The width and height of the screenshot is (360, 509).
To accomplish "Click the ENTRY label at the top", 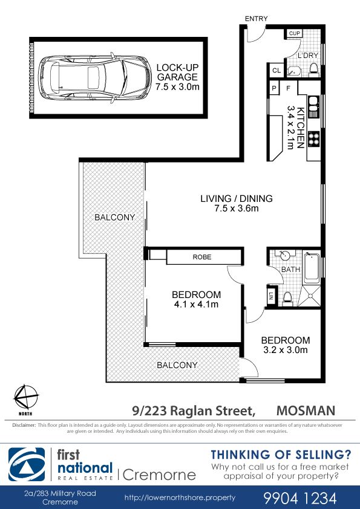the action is [257, 19].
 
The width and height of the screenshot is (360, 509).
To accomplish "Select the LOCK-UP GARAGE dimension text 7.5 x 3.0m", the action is [177, 87].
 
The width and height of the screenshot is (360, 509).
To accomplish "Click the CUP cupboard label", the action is [295, 33].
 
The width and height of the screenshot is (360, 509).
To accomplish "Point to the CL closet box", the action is [277, 70].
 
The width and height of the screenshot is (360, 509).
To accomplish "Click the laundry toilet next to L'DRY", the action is [313, 70].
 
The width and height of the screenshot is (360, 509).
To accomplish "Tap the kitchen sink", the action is [313, 107].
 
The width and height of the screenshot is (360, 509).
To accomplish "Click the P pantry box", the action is [274, 88].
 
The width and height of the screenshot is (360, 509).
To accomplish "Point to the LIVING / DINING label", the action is [237, 199].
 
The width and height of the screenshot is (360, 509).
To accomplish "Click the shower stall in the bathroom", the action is [310, 296].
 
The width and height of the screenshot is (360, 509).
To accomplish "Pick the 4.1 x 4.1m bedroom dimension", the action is [196, 305].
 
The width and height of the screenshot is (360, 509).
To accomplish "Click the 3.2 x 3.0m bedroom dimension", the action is [286, 350].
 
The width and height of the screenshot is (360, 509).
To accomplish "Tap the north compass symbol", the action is [25, 397].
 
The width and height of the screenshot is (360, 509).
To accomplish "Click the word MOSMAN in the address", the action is [306, 410].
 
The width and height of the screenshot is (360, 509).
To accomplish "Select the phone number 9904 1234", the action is [300, 498].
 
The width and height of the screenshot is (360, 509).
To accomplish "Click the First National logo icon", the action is [27, 464].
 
